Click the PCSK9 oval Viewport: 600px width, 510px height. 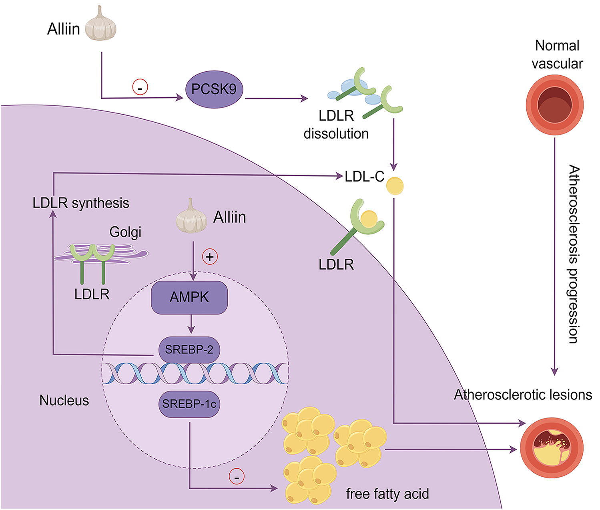(x=214, y=89)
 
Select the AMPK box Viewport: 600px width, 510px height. (x=189, y=297)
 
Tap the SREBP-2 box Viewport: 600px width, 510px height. (x=189, y=349)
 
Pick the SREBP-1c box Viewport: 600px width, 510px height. (x=189, y=404)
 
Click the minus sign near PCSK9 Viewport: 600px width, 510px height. (x=140, y=87)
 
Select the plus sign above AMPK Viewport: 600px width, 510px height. (x=210, y=256)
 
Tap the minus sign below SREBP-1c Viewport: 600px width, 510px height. (x=237, y=477)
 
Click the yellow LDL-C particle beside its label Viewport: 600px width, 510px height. (x=395, y=186)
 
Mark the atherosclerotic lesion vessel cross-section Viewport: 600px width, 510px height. (x=552, y=448)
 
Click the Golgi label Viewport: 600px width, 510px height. (x=125, y=232)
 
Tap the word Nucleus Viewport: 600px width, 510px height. (x=64, y=400)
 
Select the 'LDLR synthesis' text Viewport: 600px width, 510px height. (x=81, y=203)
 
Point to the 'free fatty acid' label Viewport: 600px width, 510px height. (x=387, y=494)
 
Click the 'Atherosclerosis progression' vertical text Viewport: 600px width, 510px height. (x=574, y=254)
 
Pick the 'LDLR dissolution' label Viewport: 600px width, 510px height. (x=336, y=125)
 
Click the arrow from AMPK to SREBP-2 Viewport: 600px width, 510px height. (x=191, y=324)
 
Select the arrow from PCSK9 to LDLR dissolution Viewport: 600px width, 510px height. (x=276, y=98)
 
